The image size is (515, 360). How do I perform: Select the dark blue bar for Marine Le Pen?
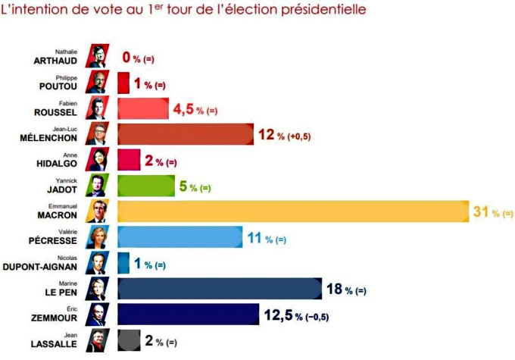point(220,289)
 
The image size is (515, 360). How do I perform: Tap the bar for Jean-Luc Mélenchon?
point(186,134)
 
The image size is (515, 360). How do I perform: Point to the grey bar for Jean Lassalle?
point(128,340)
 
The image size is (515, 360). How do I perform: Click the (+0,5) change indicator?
point(300,136)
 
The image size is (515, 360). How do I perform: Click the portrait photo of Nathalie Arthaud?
point(98,57)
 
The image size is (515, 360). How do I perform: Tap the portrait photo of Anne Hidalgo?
point(98,160)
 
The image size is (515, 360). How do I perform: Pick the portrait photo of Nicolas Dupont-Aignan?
point(98,263)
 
